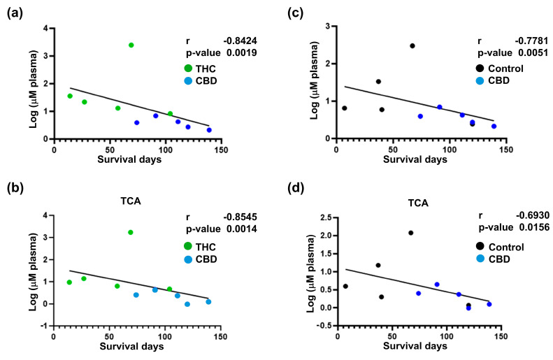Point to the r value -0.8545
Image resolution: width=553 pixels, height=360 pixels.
click(x=236, y=209)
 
